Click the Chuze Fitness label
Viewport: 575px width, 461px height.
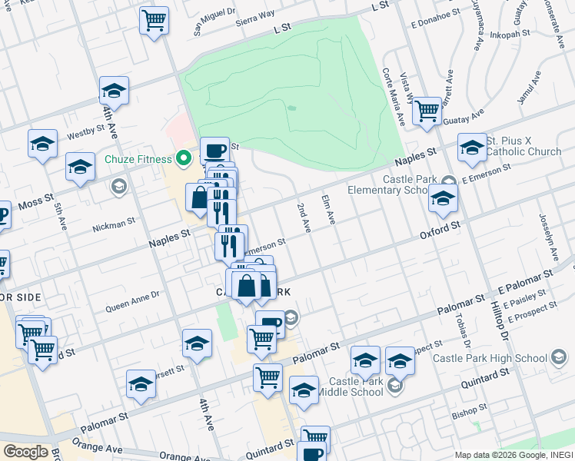(x=138, y=160)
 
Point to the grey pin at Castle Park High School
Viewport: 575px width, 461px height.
(x=560, y=357)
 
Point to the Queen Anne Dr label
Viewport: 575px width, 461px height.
(x=132, y=300)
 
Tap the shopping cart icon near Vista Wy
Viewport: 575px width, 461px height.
(x=427, y=111)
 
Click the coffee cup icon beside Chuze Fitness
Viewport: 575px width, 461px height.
(x=214, y=150)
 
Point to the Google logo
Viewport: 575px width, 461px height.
(x=25, y=451)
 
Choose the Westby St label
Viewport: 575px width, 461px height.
(x=85, y=134)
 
